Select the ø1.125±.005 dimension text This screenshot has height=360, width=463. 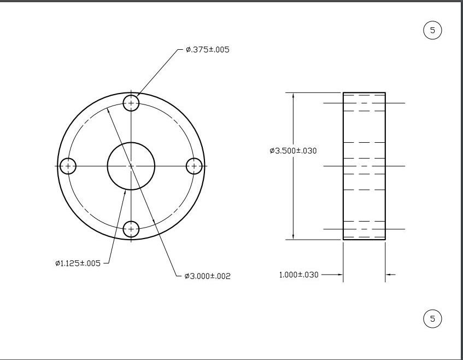[78, 263]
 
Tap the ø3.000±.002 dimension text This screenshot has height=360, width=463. [207, 276]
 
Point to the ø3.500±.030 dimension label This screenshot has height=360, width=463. [293, 150]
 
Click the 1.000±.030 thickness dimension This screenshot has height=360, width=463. [298, 275]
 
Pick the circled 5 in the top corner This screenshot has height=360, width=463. [432, 30]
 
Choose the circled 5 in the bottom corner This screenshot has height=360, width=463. [432, 318]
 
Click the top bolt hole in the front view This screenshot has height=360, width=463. [131, 103]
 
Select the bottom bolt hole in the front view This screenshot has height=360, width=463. [131, 229]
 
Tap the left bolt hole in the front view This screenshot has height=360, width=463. [68, 166]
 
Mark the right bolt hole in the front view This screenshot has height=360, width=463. [194, 166]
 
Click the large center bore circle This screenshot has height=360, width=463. [131, 166]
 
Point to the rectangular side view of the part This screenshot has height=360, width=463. [364, 166]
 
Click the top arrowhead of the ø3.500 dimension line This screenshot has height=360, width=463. [294, 96]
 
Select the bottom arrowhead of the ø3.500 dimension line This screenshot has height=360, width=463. [294, 236]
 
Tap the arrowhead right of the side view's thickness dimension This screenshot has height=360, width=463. [389, 275]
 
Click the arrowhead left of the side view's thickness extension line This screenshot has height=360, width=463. [339, 275]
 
